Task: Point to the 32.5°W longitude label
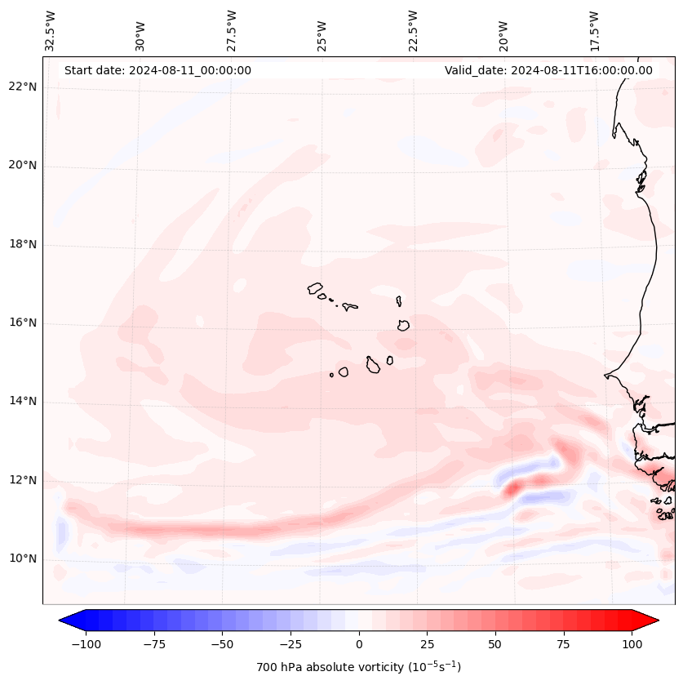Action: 51,30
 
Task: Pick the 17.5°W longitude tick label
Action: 594,30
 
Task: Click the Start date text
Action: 157,70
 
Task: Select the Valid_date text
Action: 548,70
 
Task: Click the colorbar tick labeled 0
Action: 359,644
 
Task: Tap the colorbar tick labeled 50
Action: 495,644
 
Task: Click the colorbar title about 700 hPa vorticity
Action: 359,667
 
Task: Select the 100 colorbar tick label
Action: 632,644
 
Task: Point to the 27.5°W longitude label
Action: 232,30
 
